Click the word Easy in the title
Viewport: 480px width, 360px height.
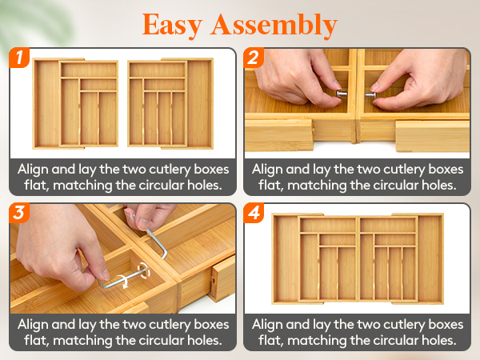172,26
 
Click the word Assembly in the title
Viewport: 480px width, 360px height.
274,26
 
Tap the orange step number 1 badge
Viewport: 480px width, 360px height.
19,58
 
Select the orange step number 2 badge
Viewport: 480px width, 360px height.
254,58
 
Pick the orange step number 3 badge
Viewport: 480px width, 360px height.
19,213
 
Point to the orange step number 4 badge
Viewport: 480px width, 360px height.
254,213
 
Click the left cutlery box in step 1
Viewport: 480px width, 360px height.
76,103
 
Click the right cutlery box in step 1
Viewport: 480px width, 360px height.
170,103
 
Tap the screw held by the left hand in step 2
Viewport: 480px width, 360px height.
342,94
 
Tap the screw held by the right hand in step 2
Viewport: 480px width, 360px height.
370,95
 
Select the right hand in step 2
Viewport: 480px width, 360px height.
419,78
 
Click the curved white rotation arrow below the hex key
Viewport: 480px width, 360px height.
124,281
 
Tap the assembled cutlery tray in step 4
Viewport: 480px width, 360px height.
358,258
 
